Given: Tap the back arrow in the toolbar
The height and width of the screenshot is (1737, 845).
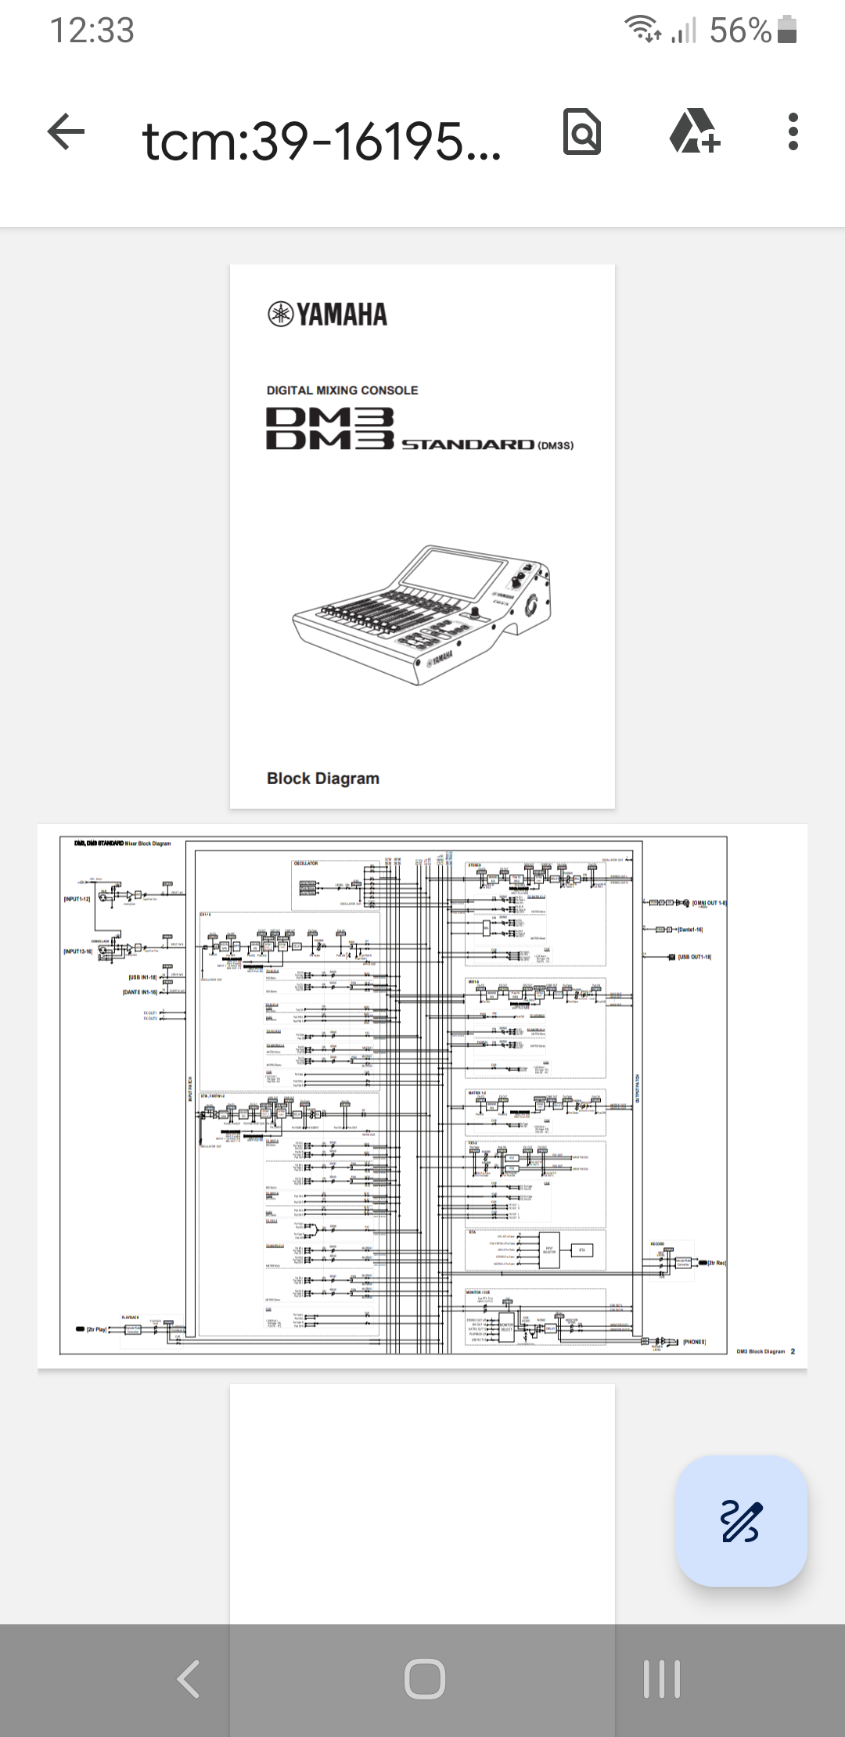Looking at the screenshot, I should tap(67, 131).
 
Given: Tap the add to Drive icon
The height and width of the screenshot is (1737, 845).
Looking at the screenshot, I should tap(694, 131).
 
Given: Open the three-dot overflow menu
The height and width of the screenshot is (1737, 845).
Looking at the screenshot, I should tap(793, 131).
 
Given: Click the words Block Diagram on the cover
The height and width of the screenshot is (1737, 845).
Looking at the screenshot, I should tap(323, 779).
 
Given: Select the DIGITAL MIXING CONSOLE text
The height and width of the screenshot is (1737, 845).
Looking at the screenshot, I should tap(342, 390).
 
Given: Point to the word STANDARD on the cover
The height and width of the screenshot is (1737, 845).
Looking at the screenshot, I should tap(468, 444).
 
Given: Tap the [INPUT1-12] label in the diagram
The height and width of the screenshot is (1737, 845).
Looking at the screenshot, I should tap(77, 899).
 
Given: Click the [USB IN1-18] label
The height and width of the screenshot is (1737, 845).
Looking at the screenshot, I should tap(142, 977).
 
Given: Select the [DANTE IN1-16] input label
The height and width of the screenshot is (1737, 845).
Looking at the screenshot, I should tap(140, 992).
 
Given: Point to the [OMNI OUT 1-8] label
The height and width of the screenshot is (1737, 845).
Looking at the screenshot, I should tap(709, 903).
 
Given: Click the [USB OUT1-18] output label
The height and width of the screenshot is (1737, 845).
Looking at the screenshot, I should tap(695, 957).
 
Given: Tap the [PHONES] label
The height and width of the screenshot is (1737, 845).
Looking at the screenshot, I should tap(695, 1342).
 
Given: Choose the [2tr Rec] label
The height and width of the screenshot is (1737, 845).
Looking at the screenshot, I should tap(717, 1263).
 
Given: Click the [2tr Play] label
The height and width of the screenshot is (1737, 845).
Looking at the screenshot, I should tap(97, 1329).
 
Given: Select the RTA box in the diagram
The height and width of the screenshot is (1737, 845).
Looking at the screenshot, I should tap(582, 1250).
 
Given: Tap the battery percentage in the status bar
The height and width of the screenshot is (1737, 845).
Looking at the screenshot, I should tap(740, 31).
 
